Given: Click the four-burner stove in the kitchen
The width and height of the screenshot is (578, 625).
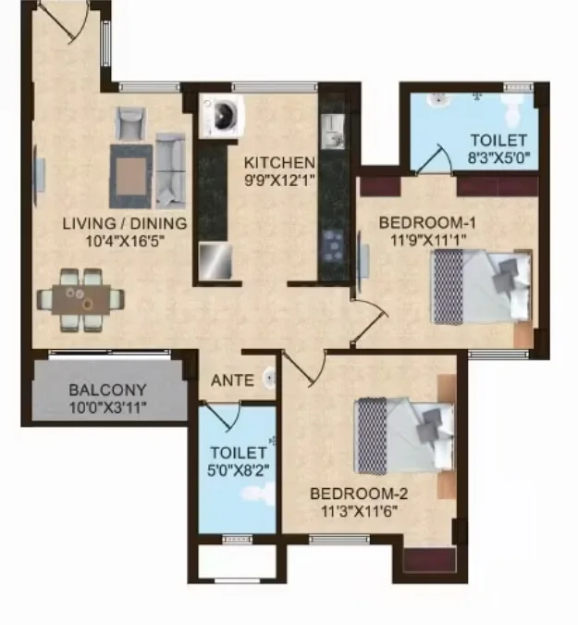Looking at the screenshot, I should tap(332, 246).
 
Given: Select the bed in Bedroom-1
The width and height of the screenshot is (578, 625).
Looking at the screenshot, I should tap(482, 286).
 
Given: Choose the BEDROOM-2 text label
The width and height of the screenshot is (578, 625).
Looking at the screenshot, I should tap(360, 494).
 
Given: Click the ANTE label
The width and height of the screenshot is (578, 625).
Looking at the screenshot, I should tap(228, 380).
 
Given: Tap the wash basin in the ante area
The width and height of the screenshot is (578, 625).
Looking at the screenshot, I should tap(268, 377).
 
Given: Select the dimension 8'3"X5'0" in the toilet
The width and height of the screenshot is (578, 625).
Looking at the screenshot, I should tap(498, 158).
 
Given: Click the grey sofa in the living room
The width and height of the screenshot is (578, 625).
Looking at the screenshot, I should tap(169, 169).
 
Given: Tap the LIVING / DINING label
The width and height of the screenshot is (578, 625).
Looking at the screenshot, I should tap(124, 223).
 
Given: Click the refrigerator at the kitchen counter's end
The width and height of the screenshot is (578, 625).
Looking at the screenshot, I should tap(215, 259).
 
